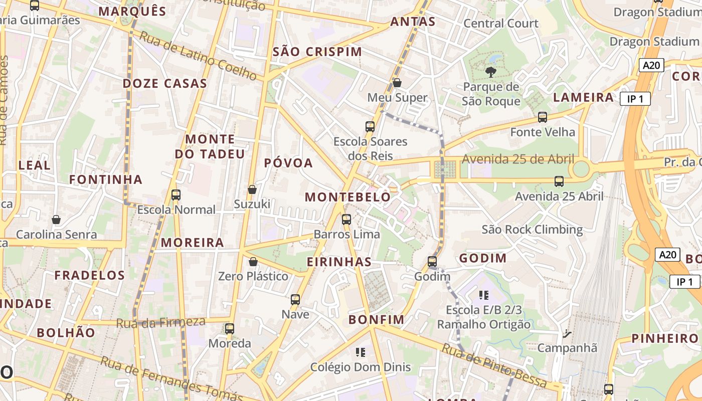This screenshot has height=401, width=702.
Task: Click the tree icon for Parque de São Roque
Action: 491,72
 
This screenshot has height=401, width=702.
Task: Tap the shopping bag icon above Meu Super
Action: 397,83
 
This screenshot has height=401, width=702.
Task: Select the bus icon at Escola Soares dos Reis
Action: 370,127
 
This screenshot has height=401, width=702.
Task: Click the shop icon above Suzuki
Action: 252,189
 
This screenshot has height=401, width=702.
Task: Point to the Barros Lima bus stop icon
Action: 346,220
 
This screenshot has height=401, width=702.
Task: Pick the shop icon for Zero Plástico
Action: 253,262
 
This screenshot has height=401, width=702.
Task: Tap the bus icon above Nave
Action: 295,300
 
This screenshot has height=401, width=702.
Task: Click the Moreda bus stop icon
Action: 230,329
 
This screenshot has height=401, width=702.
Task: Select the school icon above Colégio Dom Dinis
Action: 360,352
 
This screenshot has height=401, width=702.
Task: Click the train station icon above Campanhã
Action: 567,333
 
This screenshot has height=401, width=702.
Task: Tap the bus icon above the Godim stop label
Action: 432,262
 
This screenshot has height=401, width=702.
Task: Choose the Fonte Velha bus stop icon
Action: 543,117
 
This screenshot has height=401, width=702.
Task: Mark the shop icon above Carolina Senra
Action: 56,220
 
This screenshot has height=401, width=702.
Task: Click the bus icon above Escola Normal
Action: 176,195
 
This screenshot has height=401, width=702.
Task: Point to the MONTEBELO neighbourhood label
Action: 347,197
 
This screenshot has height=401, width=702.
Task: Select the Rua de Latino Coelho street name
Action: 198,56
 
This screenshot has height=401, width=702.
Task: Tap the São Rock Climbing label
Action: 532,230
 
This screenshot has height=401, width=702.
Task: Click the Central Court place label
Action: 501,24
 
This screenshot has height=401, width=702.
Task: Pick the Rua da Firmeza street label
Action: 160,322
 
